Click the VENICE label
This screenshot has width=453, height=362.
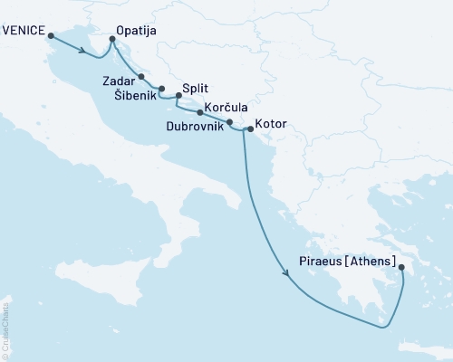tap(24, 28)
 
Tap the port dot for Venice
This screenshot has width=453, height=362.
tap(51, 36)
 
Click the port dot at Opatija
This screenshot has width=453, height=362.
tap(112, 39)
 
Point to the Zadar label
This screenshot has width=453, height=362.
tap(120, 80)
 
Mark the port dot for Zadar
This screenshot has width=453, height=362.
tap(141, 77)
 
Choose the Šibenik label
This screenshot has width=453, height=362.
tap(134, 95)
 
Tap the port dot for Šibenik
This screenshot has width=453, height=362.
tap(161, 89)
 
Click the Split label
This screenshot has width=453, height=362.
tap(196, 89)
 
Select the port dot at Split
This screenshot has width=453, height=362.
tap(178, 95)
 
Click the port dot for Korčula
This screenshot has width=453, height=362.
tap(199, 112)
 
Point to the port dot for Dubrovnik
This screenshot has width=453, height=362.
tap(229, 122)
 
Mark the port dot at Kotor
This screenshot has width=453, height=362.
tap(250, 129)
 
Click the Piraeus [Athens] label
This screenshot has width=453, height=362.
tap(347, 261)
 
